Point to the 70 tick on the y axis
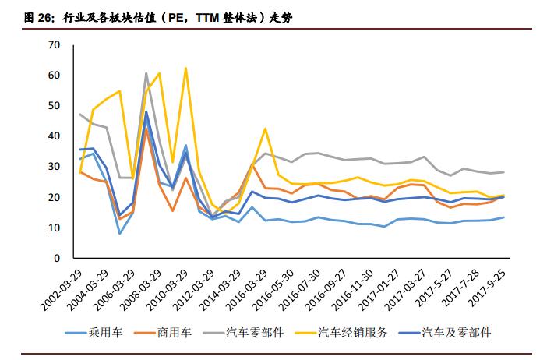[55, 45]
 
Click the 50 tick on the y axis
[55, 106]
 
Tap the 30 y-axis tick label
[55, 167]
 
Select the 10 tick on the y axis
[55, 228]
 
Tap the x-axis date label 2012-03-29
[193, 288]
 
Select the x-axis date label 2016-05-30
[273, 288]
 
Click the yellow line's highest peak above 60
[185, 69]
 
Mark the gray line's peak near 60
[146, 73]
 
